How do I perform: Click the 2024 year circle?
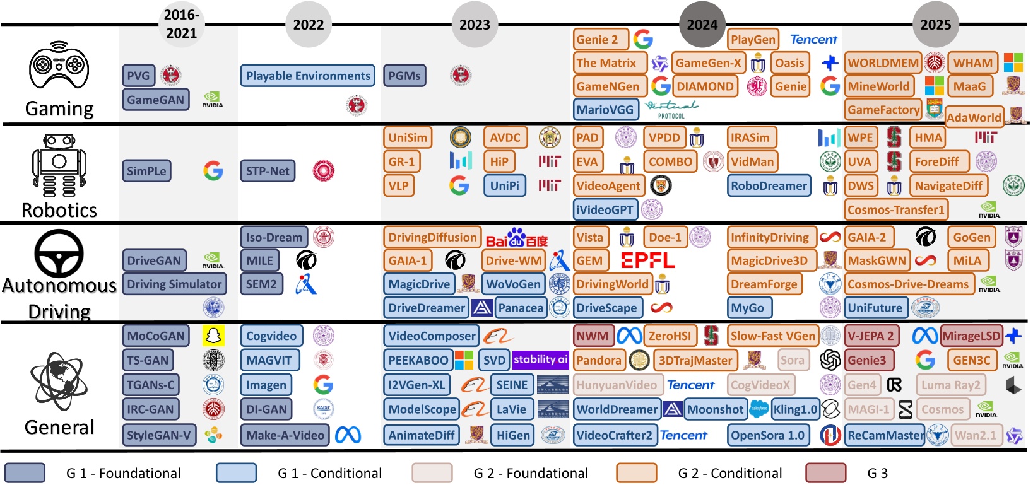click(x=702, y=25)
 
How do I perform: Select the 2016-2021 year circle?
click(x=181, y=25)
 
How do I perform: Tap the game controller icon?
click(x=59, y=65)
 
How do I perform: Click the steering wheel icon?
click(x=59, y=254)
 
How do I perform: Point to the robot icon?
click(x=59, y=166)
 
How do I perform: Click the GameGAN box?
click(x=156, y=100)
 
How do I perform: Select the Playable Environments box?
click(x=308, y=76)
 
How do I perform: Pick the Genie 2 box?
click(x=601, y=40)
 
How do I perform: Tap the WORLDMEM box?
click(x=883, y=63)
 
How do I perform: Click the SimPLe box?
click(x=146, y=171)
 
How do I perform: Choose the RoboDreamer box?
click(x=769, y=186)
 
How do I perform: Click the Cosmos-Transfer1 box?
click(x=896, y=209)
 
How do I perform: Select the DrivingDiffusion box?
click(x=432, y=238)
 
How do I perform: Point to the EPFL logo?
click(x=647, y=260)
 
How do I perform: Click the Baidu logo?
click(x=517, y=238)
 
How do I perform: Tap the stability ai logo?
click(x=541, y=359)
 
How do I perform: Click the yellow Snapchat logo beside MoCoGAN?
click(x=213, y=336)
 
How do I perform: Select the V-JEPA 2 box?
click(x=870, y=336)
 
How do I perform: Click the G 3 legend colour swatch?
click(x=825, y=473)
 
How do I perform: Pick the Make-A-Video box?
click(x=285, y=435)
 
